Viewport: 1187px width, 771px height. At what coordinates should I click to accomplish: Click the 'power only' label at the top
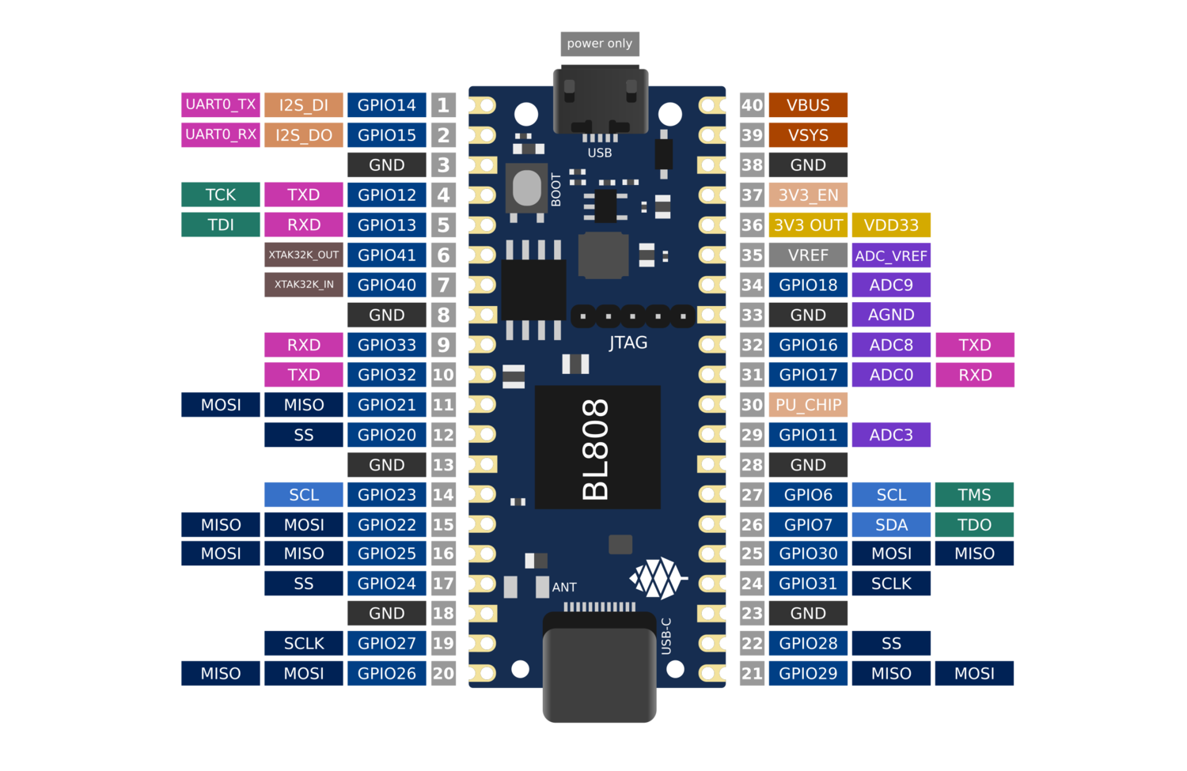[x=599, y=43]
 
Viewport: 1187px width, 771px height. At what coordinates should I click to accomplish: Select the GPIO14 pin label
[x=386, y=105]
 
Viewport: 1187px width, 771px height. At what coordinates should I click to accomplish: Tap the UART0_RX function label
[x=221, y=134]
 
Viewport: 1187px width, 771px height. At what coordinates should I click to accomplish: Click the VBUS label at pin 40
[x=808, y=105]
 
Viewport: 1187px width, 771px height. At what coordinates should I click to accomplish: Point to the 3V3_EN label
[x=808, y=195]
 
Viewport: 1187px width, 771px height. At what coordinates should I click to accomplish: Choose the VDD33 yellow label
[x=891, y=225]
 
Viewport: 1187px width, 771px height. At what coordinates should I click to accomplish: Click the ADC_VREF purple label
[x=891, y=255]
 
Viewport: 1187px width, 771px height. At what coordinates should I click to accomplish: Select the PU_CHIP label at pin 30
[x=808, y=405]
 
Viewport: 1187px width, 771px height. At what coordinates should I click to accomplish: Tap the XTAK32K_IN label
[x=304, y=285]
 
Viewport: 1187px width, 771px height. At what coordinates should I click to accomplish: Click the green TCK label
[x=221, y=195]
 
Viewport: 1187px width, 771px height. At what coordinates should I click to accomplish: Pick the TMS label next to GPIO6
[x=974, y=495]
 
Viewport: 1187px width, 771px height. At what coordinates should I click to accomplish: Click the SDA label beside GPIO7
[x=891, y=525]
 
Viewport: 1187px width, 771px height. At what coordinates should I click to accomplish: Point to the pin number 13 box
[x=443, y=465]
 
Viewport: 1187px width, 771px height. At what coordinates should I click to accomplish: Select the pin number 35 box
[x=752, y=255]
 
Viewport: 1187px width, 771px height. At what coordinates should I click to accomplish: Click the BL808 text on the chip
[x=596, y=449]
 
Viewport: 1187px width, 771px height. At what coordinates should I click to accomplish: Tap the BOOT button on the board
[x=526, y=189]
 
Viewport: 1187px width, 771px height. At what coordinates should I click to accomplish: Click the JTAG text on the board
[x=628, y=343]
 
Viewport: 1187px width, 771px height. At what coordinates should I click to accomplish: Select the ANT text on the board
[x=564, y=588]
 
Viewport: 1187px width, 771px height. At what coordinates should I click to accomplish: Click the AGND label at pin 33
[x=891, y=315]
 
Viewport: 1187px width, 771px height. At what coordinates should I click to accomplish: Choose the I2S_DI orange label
[x=304, y=105]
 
